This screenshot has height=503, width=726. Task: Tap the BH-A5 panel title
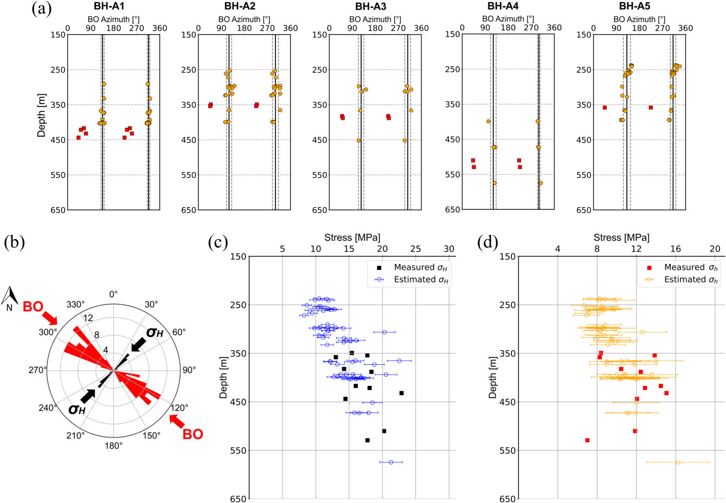(x=634, y=7)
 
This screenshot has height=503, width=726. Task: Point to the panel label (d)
(x=488, y=242)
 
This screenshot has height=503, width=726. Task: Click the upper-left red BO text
(x=33, y=307)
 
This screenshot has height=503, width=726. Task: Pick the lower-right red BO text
(x=192, y=434)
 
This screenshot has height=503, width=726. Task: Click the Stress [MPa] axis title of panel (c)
(x=352, y=237)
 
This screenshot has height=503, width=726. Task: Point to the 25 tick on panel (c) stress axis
(x=415, y=249)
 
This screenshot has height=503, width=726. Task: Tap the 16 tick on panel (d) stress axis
(x=676, y=249)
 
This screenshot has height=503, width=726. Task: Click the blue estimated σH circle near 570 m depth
(x=391, y=462)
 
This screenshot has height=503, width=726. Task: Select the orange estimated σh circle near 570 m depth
(x=678, y=462)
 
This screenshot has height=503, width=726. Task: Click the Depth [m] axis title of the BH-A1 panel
(x=42, y=115)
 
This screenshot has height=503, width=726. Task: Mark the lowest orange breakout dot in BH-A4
(x=494, y=183)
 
